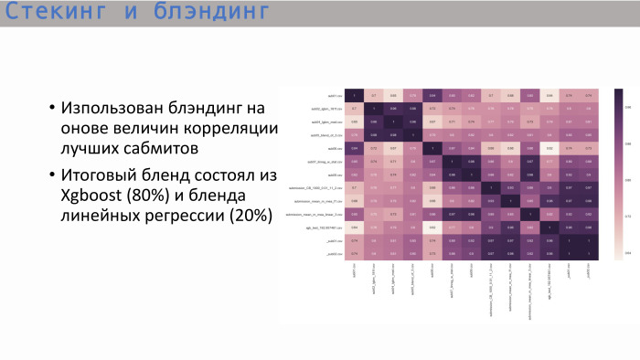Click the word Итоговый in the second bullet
105,175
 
